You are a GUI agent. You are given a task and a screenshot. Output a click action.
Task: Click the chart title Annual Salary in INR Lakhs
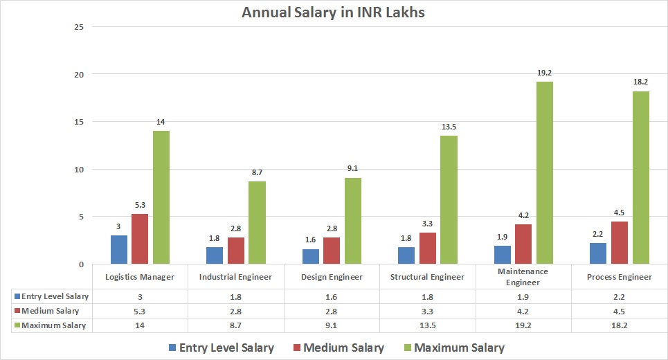(x=334, y=12)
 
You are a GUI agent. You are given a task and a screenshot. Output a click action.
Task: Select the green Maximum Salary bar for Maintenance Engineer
(x=545, y=173)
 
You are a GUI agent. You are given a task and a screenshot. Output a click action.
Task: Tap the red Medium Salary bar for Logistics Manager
(x=140, y=239)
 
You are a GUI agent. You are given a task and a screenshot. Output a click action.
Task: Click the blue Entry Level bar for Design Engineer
(x=311, y=256)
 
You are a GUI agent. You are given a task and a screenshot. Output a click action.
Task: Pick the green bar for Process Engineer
(x=640, y=178)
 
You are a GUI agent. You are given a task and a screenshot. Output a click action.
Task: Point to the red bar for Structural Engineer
(x=427, y=248)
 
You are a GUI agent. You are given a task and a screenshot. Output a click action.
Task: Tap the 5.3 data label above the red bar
(x=140, y=205)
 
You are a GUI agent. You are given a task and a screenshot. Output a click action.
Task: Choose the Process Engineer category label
(x=620, y=277)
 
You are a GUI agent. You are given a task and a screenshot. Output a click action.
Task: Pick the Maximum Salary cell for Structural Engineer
(x=428, y=325)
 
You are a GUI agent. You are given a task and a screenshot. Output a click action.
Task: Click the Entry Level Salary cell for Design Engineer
(x=332, y=296)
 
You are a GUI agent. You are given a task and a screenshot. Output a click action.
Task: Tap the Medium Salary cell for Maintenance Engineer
(x=523, y=310)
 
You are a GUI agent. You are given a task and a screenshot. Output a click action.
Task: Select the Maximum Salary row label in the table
(x=54, y=325)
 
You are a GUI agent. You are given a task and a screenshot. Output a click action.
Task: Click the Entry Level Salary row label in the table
(x=54, y=296)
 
